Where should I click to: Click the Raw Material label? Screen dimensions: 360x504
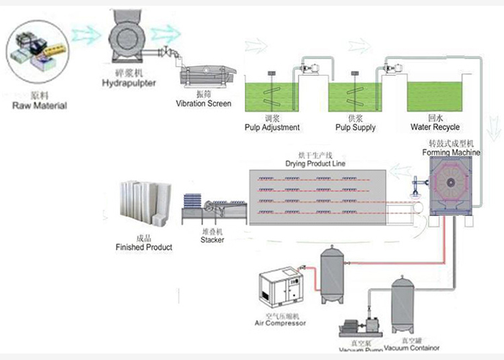(x=39, y=106)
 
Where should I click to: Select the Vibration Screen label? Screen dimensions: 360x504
(x=204, y=104)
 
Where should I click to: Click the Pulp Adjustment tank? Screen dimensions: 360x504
(x=272, y=96)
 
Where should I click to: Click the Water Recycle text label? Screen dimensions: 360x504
(x=435, y=127)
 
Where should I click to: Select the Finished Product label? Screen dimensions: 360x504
(x=144, y=247)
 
